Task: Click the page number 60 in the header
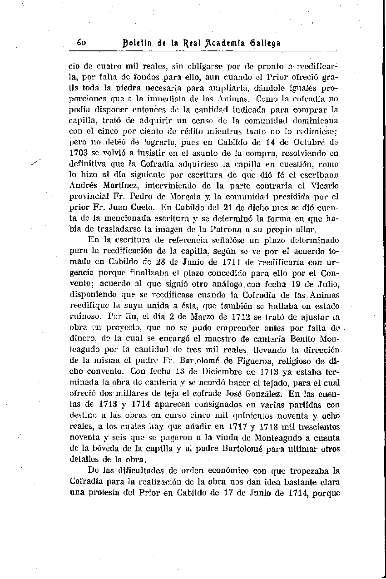coord(82,43)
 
